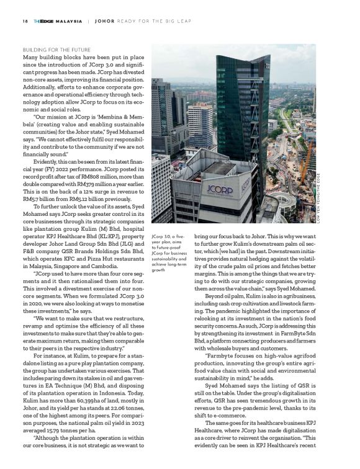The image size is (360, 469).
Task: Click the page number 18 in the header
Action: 24,20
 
